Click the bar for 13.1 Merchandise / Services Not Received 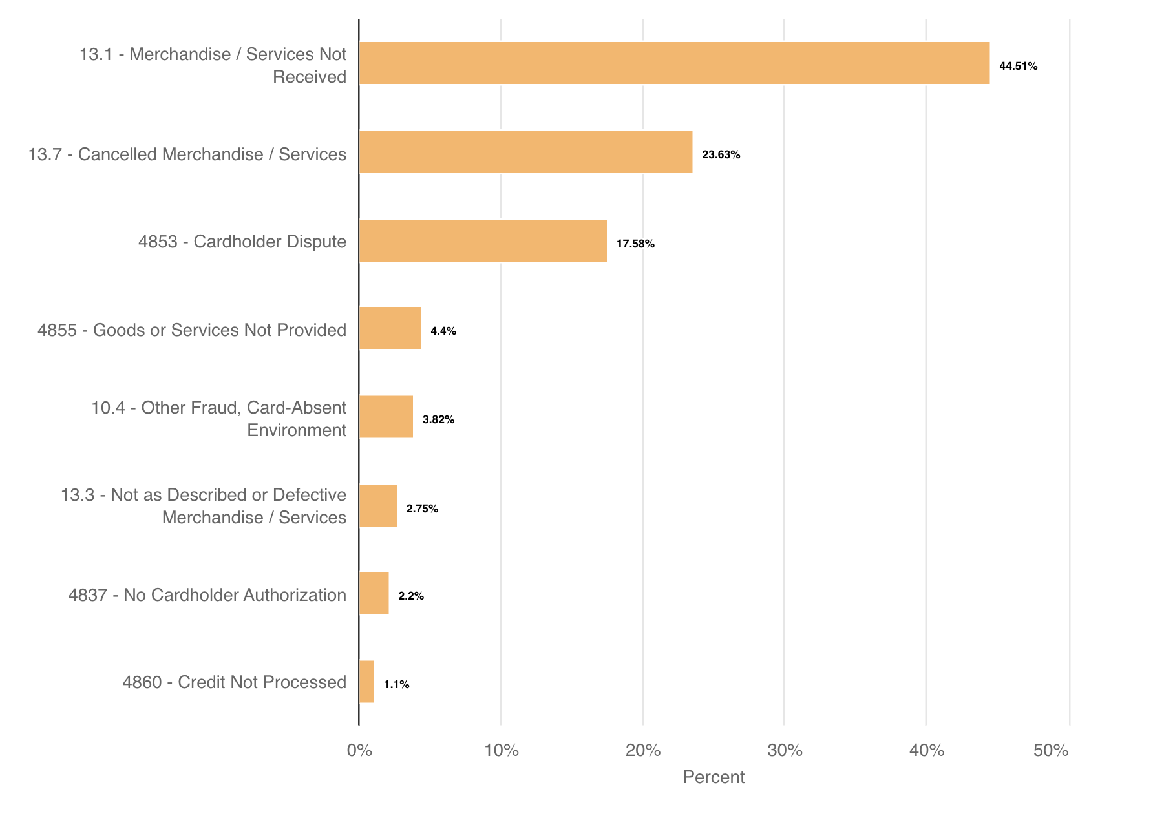(674, 63)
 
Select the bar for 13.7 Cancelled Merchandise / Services (525, 152)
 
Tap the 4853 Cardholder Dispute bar (483, 240)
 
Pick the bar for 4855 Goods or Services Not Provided (390, 328)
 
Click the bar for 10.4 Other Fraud (386, 417)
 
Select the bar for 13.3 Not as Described (378, 506)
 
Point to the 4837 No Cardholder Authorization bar (374, 593)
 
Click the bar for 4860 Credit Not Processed (366, 682)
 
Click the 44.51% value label (1018, 66)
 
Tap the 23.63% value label (721, 154)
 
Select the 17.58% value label (635, 244)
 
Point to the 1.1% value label (396, 684)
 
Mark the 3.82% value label (438, 419)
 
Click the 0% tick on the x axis (359, 750)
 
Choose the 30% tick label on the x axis (785, 750)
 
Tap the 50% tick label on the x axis (1051, 750)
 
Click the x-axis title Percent (714, 777)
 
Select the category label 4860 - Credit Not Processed (235, 682)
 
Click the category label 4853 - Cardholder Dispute (242, 242)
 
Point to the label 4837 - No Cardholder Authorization (207, 594)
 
